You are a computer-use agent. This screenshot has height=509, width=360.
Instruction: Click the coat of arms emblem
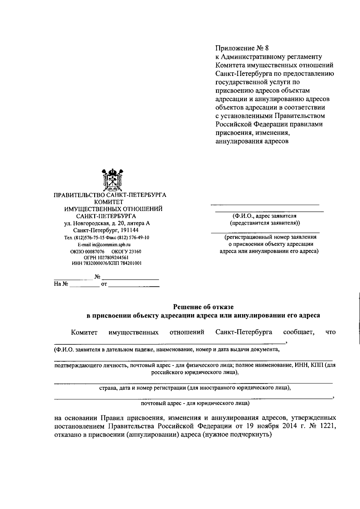pos(112,180)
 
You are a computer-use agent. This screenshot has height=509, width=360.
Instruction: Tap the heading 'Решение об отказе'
pos(203,307)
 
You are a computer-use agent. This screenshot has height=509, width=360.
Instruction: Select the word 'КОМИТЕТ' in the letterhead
pos(109,202)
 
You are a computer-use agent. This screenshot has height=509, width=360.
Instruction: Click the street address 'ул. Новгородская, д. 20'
pos(99,223)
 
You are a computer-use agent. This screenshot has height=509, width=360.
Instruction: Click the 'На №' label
pos(61,284)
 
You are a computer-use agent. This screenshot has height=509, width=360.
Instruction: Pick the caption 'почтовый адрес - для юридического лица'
pos(195,403)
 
